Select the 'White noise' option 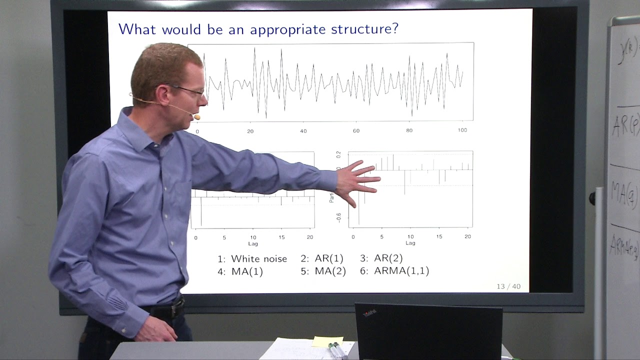click(258, 259)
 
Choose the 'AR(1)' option click(328, 258)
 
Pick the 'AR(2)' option click(388, 258)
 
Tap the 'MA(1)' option click(247, 271)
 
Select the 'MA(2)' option click(330, 271)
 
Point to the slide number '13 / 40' click(508, 286)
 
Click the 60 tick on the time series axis click(356, 131)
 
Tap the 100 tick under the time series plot click(462, 130)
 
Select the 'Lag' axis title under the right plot click(410, 243)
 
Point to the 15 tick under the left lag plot click(282, 237)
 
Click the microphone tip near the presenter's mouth click(197, 117)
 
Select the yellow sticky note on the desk click(327, 341)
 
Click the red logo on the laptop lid click(369, 313)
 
